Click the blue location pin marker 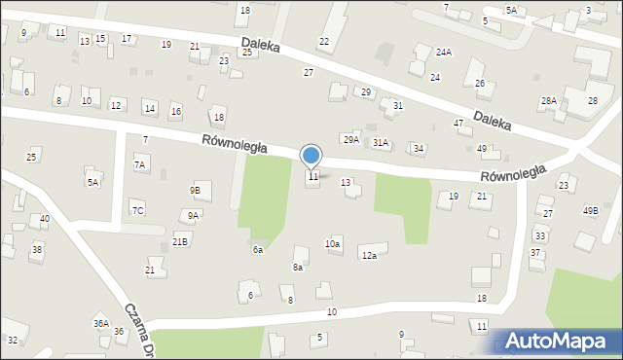coord(311,156)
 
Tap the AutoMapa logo coord(558,342)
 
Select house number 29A coord(350,139)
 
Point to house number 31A coord(381,143)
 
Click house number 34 coord(419,148)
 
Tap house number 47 coord(458,124)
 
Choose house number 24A coord(444,52)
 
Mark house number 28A coord(549,100)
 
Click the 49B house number coord(591,210)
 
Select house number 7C coord(138,210)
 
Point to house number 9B coord(196,190)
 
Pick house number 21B coord(180,240)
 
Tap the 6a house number coord(258,250)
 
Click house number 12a coord(369,256)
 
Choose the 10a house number coord(333,243)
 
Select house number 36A coord(100,323)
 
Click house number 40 coord(45,219)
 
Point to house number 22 coord(324,41)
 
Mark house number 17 coord(127,38)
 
